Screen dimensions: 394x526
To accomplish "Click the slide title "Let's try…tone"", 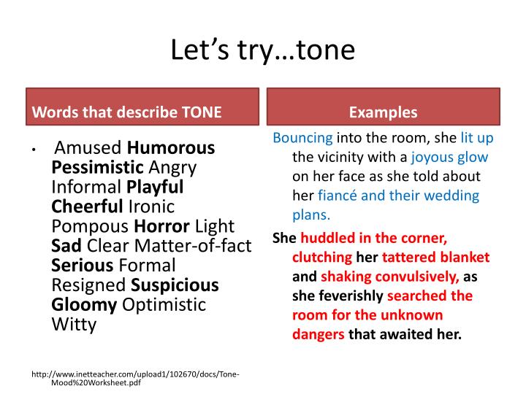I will pos(262,50).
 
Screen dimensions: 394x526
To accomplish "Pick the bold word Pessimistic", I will pos(98,167).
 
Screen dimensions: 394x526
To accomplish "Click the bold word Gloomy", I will pos(84,304).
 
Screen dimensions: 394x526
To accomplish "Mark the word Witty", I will pos(74,324).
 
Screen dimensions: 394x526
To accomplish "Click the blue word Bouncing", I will pos(302,138).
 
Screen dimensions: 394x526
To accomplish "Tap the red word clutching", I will pos(322,258).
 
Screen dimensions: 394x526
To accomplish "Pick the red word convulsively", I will pos(424,277).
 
